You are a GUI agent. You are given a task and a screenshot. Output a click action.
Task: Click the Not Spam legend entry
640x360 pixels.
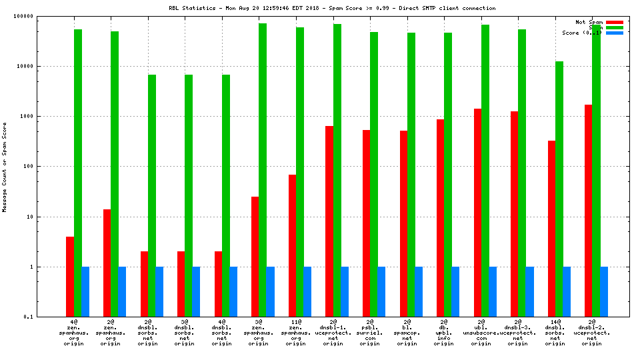(589, 22)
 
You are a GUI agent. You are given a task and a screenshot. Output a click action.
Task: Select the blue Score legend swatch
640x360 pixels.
(615, 33)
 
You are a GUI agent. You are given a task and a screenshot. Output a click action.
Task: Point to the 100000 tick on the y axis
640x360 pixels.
(43, 16)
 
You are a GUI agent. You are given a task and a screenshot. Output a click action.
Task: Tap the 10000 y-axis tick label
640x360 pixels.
(45, 67)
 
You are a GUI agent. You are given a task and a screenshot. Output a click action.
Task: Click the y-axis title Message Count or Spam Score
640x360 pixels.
(5, 167)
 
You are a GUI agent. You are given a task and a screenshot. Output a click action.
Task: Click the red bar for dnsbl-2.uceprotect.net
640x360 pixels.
(588, 211)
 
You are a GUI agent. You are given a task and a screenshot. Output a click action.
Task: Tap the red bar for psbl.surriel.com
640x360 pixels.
(366, 223)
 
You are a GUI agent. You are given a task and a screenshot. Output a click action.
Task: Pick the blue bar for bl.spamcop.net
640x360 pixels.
(419, 292)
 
